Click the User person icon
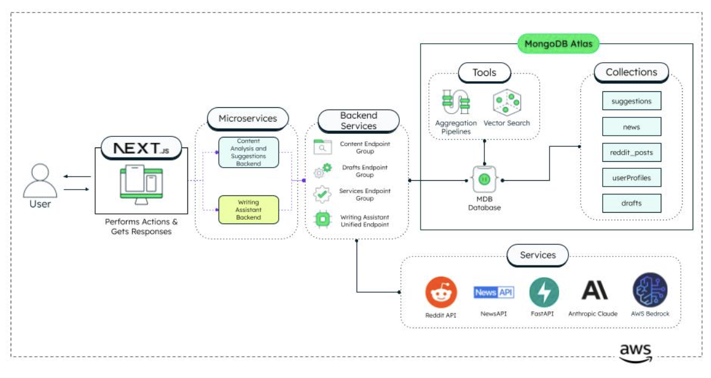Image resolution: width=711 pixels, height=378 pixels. pos(40,180)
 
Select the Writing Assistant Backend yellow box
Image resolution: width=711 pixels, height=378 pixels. pos(248,210)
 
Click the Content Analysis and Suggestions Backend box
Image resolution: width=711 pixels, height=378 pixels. pos(248,152)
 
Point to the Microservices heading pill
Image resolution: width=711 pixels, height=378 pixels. pos(247,118)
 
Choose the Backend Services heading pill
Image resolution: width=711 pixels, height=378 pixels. pos(358,121)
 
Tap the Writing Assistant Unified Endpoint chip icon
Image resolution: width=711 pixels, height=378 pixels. pos(322,220)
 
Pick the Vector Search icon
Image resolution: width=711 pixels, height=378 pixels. pos(506,102)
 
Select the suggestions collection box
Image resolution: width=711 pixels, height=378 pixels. pos(631,101)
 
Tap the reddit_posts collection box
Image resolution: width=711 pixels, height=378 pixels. pos(631,152)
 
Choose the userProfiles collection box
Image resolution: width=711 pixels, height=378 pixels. pos(631,178)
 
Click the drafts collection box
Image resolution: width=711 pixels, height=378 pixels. pos(631,203)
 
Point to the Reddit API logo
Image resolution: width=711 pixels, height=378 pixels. pos(441,292)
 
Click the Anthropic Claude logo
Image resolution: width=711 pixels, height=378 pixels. pos(593,291)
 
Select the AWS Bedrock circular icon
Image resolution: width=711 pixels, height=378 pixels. pos(649,290)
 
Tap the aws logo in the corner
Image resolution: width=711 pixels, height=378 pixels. pos(635,352)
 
